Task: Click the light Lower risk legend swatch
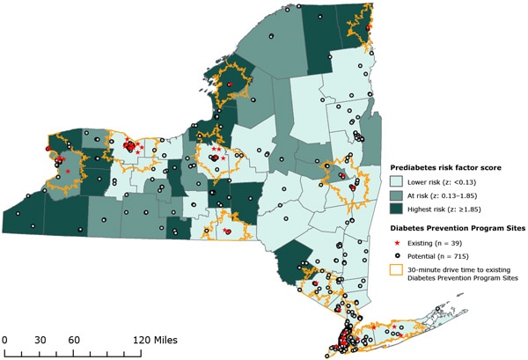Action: click(398, 180)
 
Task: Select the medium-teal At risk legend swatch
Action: click(398, 195)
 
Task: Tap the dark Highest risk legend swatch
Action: click(398, 209)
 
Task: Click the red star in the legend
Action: click(398, 239)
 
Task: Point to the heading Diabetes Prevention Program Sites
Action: click(457, 225)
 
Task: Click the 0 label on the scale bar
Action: click(4, 339)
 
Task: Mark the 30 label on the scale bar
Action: click(39, 339)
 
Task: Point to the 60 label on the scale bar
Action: click(74, 339)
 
